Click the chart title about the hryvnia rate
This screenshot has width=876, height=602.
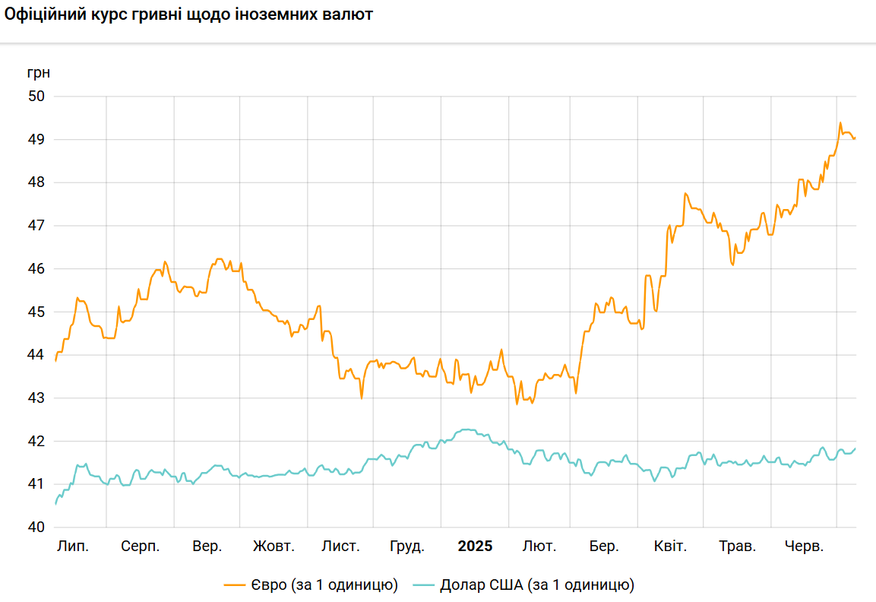click(188, 15)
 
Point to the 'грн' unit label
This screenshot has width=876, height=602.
click(39, 73)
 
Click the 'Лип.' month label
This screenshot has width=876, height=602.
click(73, 547)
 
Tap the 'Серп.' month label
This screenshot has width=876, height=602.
click(141, 547)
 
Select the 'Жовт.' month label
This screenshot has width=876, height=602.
click(274, 547)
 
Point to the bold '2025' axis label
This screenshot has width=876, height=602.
click(475, 547)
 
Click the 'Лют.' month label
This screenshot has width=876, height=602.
click(539, 547)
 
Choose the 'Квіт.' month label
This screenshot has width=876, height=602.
click(670, 547)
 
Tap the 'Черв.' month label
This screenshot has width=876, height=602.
click(804, 547)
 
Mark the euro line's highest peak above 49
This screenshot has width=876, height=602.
click(840, 122)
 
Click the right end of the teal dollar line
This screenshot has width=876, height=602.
click(855, 448)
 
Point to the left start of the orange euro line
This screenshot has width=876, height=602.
click(55, 360)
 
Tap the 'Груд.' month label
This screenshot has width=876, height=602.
click(407, 547)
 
